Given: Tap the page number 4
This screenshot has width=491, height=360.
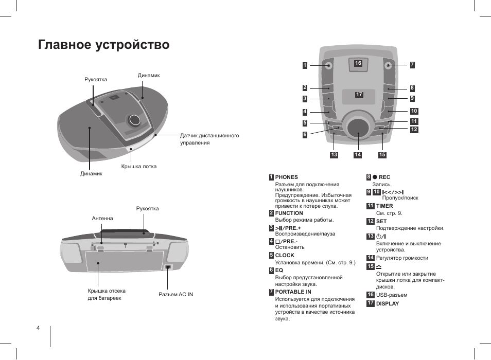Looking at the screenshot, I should click(38, 328).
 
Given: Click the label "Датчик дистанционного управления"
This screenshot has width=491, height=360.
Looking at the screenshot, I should click(209, 139).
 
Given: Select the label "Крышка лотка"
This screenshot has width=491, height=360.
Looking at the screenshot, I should click(138, 167).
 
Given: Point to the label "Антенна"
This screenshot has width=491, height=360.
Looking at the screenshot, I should click(102, 219).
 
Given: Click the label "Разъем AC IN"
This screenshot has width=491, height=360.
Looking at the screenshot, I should click(176, 295).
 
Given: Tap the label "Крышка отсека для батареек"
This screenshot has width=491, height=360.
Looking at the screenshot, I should click(107, 294).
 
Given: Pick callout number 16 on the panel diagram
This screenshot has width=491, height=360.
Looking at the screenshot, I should click(358, 63).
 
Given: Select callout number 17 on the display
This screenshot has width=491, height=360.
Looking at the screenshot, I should click(359, 95).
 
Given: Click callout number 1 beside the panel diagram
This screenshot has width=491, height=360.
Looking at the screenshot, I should click(305, 65).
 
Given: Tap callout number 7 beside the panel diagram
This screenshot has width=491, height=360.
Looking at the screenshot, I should click(412, 65).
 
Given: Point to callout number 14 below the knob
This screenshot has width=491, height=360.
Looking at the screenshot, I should click(358, 155).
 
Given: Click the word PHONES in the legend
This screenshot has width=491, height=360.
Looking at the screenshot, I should click(287, 177).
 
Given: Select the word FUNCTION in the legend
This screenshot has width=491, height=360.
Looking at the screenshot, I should click(289, 213).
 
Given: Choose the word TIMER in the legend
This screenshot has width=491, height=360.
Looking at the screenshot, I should click(384, 206).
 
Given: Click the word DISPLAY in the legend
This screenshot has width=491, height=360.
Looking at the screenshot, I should click(388, 303).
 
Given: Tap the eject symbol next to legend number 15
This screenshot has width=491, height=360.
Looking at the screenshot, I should click(379, 266).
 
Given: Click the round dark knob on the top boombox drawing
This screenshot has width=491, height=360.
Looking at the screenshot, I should click(135, 120).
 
